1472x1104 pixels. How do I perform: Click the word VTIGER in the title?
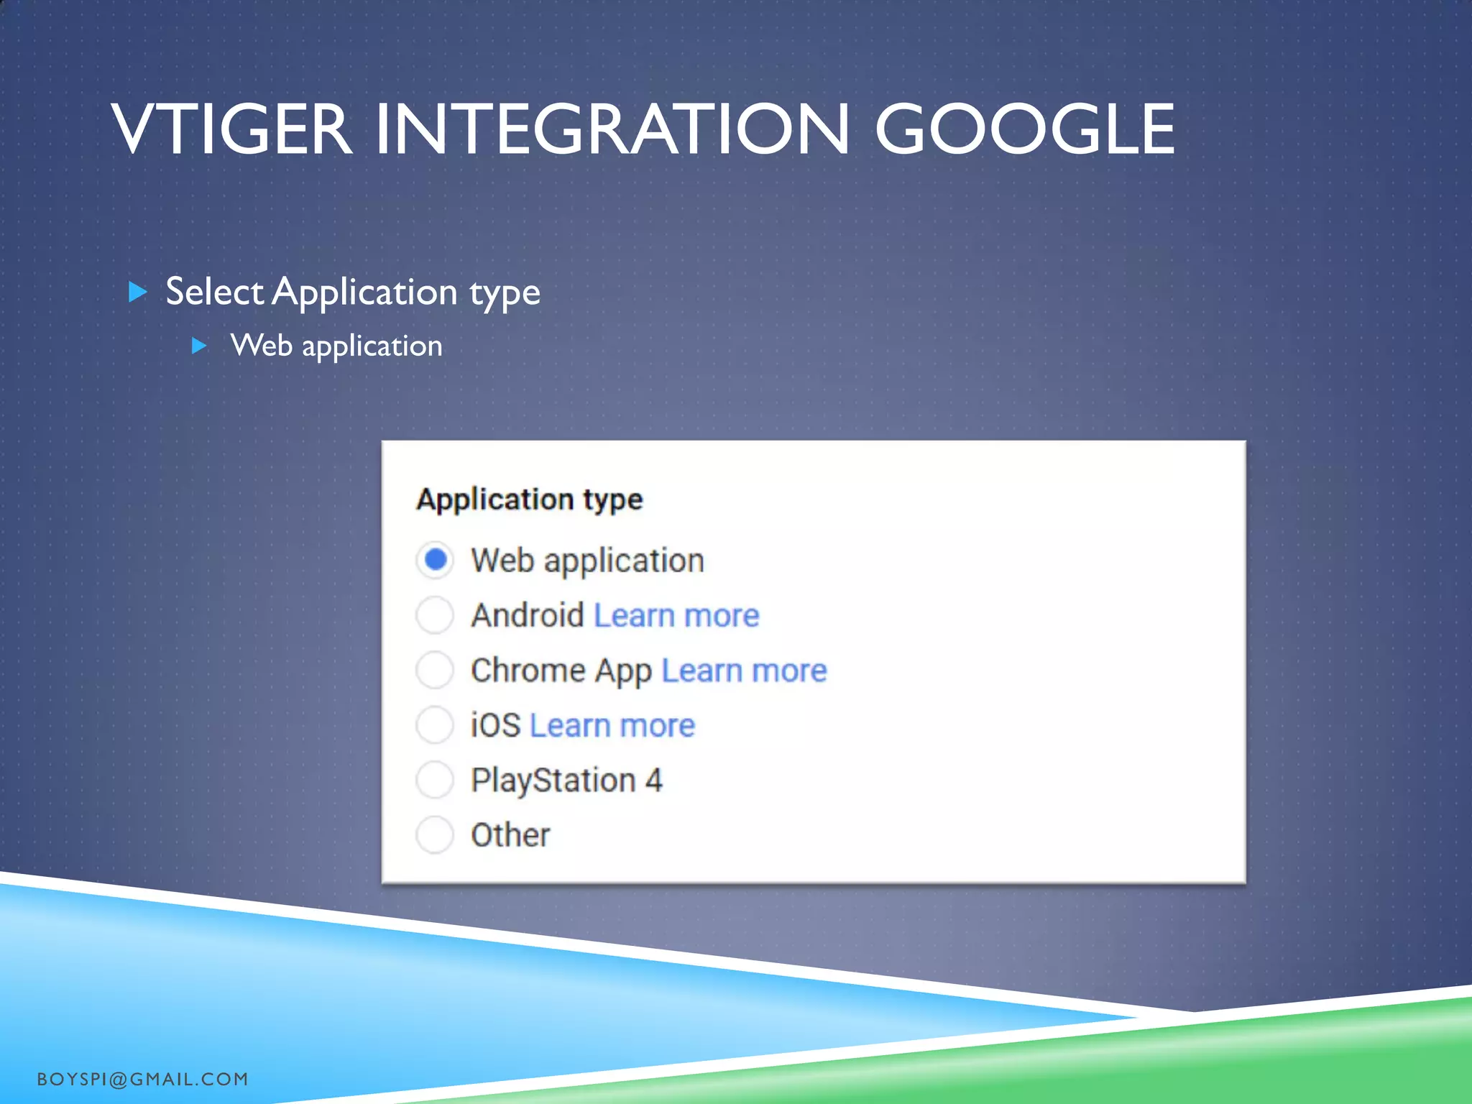click(x=231, y=129)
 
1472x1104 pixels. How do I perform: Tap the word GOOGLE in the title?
click(x=1024, y=129)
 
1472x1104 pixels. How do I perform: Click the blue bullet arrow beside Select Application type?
click(x=137, y=292)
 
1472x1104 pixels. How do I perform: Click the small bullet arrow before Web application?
click(x=200, y=346)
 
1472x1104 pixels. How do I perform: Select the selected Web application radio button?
click(x=435, y=559)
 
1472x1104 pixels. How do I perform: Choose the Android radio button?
click(x=435, y=615)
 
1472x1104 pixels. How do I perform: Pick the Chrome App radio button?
click(x=435, y=670)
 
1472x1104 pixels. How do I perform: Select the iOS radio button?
click(x=435, y=724)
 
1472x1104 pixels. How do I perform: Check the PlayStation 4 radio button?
click(x=435, y=780)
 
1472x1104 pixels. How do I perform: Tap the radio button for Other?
click(x=435, y=834)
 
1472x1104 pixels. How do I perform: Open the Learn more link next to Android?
click(x=676, y=616)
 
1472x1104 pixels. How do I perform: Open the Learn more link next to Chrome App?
click(x=744, y=671)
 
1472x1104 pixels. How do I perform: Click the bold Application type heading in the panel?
click(x=529, y=500)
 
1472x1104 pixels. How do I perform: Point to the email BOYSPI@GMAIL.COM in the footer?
click(x=142, y=1079)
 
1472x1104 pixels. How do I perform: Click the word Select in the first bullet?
click(x=214, y=292)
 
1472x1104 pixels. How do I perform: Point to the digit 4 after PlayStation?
click(x=653, y=781)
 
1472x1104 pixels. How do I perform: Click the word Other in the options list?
click(x=510, y=835)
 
